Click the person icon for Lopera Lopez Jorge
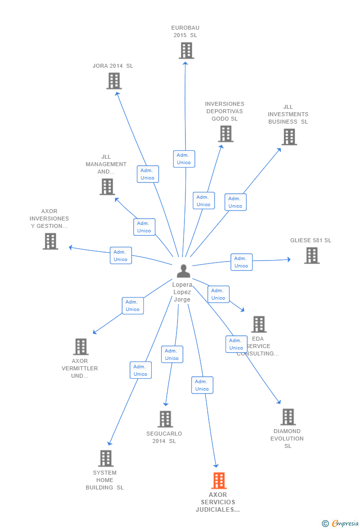[x=183, y=271]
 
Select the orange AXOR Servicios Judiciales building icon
[x=219, y=480]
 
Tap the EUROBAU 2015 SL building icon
[x=186, y=50]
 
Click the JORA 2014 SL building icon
[x=114, y=81]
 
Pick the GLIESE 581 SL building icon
[x=312, y=256]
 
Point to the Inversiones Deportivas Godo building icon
[x=225, y=133]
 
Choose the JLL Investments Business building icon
[x=289, y=137]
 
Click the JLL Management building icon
[x=107, y=187]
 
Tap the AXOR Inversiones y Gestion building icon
[x=50, y=241]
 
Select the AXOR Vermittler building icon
[x=81, y=347]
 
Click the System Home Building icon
[x=105, y=458]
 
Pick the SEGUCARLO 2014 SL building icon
[x=165, y=419]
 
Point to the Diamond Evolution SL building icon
[x=288, y=417]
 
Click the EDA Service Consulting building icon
[x=259, y=324]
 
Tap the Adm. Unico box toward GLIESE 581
[x=241, y=262]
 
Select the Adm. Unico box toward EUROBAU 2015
[x=184, y=159]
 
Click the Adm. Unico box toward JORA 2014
[x=147, y=174]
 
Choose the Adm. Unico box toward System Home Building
[x=140, y=370]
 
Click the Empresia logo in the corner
[x=341, y=524]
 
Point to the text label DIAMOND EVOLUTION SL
[x=287, y=439]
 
